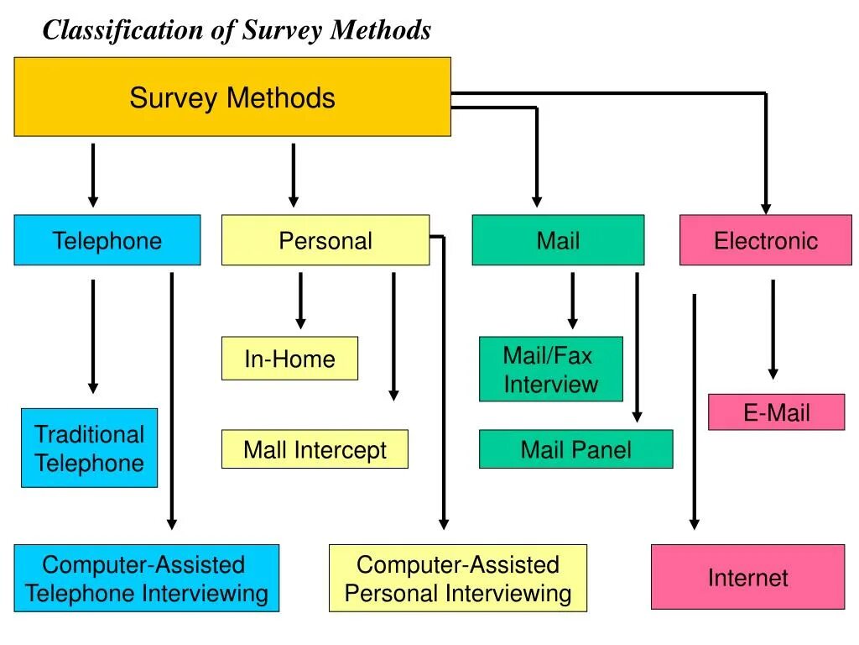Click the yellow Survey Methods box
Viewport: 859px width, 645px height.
232,97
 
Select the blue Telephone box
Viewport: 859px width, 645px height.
107,241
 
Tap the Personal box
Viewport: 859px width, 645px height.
325,241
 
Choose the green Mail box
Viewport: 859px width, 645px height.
558,241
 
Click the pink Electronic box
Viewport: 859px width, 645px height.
765,241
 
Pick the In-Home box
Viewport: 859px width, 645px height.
289,359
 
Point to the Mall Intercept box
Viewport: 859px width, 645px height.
315,449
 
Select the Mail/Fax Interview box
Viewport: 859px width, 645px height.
551,370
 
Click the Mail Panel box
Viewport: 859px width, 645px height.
575,449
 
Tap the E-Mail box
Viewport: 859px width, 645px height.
776,412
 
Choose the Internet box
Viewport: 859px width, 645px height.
747,577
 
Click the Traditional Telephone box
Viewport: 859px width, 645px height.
89,448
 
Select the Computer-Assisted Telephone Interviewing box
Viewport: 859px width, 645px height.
146,579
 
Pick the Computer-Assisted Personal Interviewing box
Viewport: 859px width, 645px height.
457,579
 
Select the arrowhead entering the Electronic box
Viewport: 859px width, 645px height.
765,207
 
